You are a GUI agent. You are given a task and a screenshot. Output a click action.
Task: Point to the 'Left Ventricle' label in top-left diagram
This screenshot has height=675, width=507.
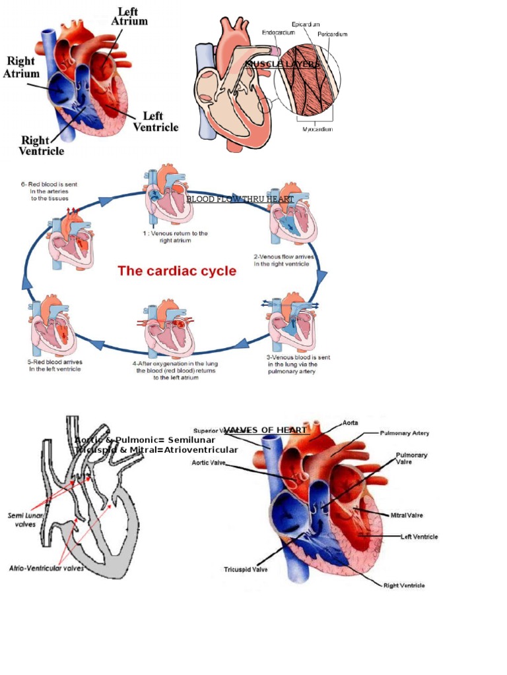pyautogui.click(x=156, y=121)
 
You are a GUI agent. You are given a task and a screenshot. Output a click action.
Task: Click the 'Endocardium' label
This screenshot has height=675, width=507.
pyautogui.click(x=278, y=32)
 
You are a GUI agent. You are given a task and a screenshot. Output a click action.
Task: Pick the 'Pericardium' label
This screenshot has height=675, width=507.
pyautogui.click(x=332, y=34)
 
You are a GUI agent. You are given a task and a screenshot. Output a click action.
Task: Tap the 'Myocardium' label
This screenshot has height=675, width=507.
pyautogui.click(x=318, y=129)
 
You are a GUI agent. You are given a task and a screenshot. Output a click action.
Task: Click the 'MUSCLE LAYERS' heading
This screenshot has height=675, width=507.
pyautogui.click(x=283, y=64)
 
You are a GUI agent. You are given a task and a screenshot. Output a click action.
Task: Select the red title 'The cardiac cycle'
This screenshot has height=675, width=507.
pyautogui.click(x=177, y=271)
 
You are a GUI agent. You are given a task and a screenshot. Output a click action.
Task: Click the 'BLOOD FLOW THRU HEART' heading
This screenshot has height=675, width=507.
pyautogui.click(x=240, y=198)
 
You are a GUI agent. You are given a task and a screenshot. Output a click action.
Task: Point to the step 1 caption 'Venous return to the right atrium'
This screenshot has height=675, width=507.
pyautogui.click(x=175, y=237)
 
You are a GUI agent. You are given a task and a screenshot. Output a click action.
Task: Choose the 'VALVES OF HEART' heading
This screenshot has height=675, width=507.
pyautogui.click(x=265, y=430)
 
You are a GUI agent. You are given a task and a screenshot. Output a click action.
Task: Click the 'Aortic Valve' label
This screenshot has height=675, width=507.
pyautogui.click(x=210, y=463)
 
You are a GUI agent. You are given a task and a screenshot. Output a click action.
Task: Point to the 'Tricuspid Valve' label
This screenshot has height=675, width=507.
pyautogui.click(x=246, y=570)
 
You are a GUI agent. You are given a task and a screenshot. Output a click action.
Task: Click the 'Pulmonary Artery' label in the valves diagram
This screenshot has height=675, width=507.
pyautogui.click(x=405, y=433)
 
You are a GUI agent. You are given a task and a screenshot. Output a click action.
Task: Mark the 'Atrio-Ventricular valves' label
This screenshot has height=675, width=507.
pyautogui.click(x=46, y=568)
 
